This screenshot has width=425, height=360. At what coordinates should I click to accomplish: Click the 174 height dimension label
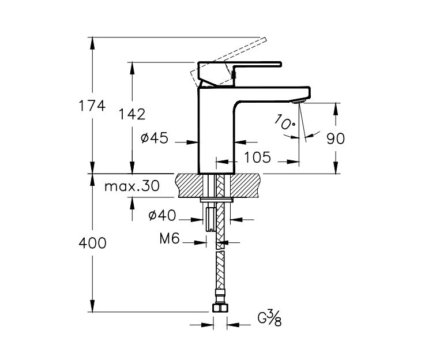click(x=92, y=106)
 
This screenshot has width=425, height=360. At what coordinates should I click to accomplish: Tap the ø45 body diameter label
click(x=154, y=138)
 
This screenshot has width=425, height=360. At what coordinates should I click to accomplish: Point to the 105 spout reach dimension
click(x=257, y=157)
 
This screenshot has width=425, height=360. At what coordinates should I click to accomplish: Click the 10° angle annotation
click(x=285, y=122)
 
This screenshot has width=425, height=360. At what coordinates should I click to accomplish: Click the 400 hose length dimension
click(x=92, y=243)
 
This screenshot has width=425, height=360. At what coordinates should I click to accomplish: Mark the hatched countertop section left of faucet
click(x=190, y=185)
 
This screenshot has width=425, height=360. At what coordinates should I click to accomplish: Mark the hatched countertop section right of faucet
click(x=251, y=185)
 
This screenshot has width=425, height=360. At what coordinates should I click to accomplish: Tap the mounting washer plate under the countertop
click(x=217, y=200)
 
